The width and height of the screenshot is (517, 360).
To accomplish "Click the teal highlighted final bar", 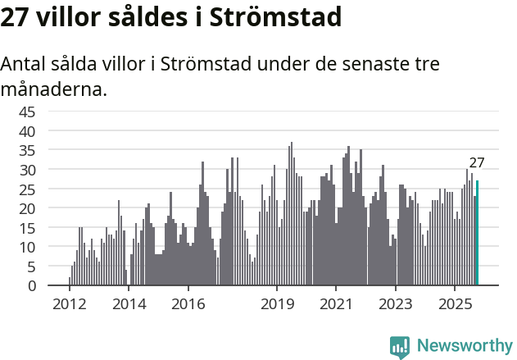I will pos(478,234).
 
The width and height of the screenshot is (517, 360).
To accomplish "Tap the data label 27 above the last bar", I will pos(477,162).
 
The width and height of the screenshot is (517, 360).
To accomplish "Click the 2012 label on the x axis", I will pos(70,305).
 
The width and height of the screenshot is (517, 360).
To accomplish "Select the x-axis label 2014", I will pos(129,305).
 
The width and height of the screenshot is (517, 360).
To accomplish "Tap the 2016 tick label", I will pos(188,305).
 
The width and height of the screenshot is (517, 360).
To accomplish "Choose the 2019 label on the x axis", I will pos(277,305).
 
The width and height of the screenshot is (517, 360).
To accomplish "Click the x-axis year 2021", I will pos(336,305).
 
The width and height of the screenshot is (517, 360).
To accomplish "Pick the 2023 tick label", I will pos(396,305).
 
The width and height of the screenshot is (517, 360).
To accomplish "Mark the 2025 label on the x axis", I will pos(455,305).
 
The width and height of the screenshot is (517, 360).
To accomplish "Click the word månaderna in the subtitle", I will pos(53,89).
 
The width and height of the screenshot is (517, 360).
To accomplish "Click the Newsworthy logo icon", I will pos(400,346).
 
